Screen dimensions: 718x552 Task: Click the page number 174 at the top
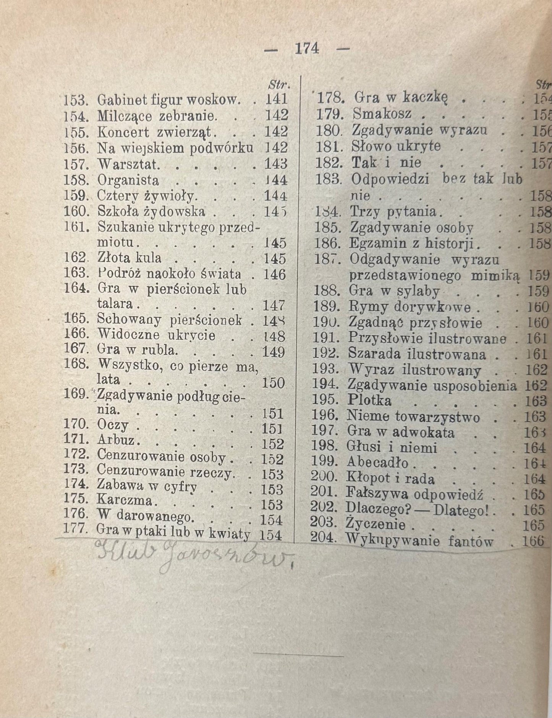307,48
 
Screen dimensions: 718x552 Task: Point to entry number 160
76,211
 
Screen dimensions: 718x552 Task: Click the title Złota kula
130,258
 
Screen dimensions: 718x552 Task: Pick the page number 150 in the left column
274,383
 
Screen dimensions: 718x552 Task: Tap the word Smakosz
382,114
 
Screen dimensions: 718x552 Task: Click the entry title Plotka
369,400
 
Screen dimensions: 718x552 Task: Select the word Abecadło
377,463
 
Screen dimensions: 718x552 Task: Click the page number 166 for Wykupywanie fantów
534,541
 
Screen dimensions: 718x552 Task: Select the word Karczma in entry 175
125,500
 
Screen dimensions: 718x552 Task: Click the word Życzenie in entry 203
375,524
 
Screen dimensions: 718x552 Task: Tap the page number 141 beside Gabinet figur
276,99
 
